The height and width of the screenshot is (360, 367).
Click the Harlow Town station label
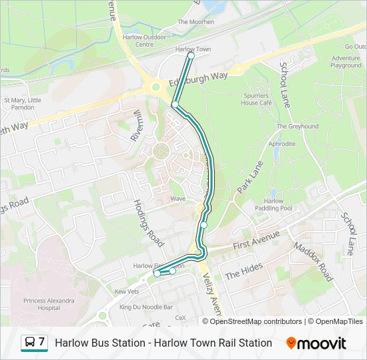click(x=193, y=49)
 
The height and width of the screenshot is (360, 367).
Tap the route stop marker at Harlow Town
click(x=191, y=56)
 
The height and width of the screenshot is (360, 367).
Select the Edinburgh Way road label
click(x=198, y=79)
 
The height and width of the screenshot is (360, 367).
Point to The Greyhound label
click(x=298, y=126)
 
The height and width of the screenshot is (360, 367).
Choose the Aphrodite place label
click(x=282, y=143)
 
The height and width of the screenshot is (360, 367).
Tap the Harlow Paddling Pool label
click(x=274, y=205)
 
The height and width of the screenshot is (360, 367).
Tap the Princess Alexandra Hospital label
click(x=49, y=304)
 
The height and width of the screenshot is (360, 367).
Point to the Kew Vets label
click(x=126, y=291)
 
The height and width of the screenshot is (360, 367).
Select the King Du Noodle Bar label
click(x=146, y=307)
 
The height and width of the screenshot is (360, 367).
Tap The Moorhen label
click(x=196, y=22)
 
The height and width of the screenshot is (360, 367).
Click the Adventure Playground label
click(x=346, y=61)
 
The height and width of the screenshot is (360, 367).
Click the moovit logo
click(x=316, y=343)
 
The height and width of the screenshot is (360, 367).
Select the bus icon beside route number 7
click(x=30, y=343)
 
